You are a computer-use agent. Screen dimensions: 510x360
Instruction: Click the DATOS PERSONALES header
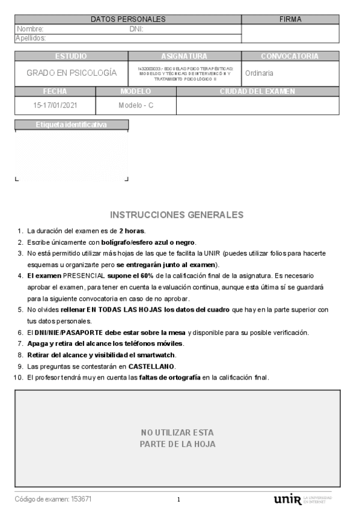128,19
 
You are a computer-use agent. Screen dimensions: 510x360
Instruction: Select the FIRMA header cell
290,19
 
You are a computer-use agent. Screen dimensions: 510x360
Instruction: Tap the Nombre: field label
30,28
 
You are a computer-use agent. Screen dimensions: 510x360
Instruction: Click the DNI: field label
136,28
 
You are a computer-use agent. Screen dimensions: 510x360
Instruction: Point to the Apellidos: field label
31,38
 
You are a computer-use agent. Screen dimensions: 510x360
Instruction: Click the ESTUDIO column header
71,56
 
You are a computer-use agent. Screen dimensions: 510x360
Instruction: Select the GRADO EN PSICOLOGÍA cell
72,73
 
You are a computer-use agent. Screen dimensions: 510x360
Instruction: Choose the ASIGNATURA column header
185,56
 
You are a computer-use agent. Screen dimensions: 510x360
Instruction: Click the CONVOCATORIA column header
290,56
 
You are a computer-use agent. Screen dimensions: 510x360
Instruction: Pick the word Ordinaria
259,73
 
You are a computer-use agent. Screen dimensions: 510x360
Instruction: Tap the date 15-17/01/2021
55,105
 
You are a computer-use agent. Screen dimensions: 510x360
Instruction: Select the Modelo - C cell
136,105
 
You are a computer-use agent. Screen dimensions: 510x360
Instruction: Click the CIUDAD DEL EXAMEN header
257,91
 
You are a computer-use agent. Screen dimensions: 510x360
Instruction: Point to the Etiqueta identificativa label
71,125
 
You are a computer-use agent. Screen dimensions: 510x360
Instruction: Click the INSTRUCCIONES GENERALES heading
177,215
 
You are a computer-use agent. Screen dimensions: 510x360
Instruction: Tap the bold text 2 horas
132,231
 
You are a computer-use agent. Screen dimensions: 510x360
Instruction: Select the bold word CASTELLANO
151,366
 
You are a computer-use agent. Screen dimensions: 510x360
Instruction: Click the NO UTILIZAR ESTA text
177,432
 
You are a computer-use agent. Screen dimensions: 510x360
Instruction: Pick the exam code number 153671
82,499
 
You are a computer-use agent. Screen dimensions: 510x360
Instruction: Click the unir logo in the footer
287,500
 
